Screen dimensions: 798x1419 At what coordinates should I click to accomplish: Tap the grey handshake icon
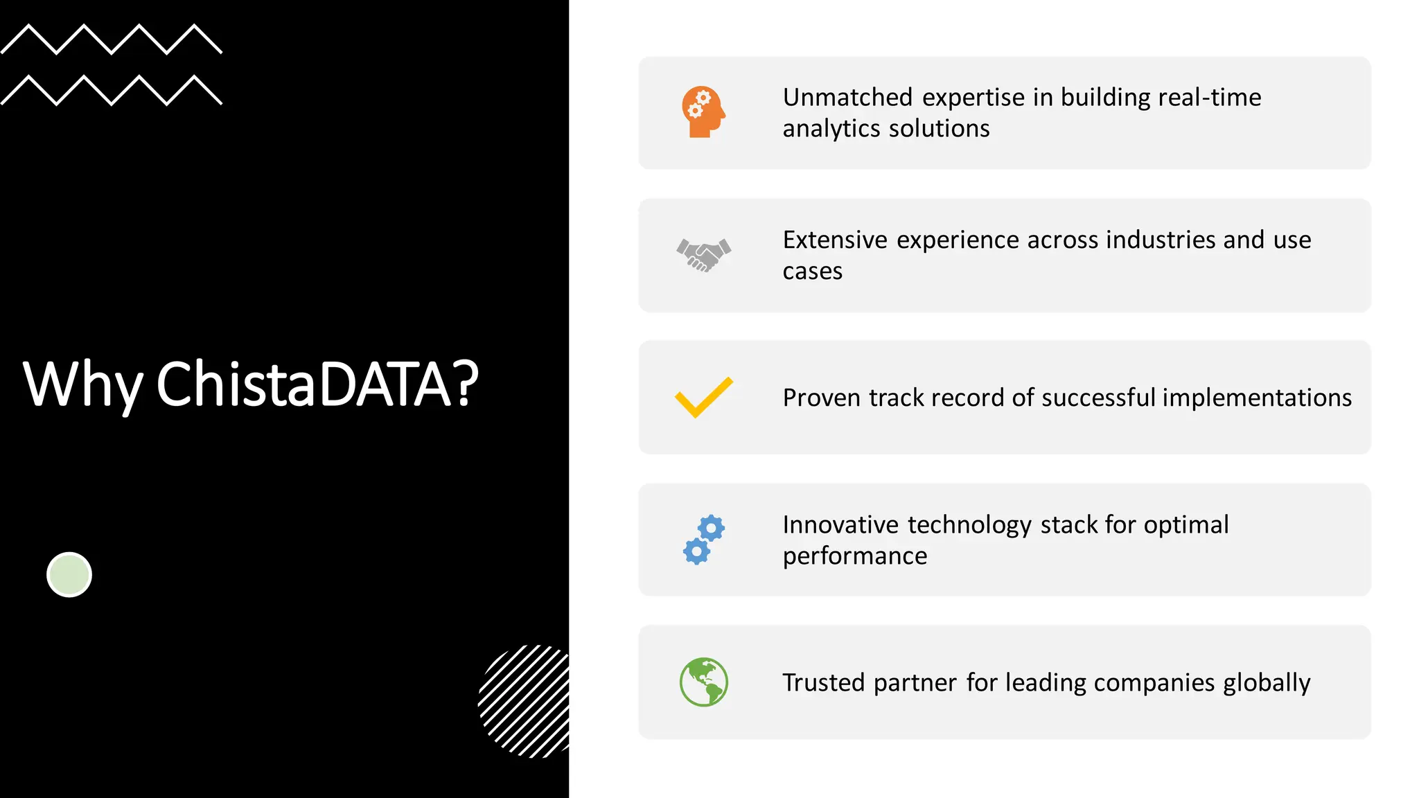click(703, 255)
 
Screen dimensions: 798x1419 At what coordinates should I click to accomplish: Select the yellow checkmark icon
click(703, 397)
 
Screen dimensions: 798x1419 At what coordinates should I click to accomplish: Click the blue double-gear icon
click(703, 540)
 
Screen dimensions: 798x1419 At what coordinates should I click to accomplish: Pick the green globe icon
click(703, 682)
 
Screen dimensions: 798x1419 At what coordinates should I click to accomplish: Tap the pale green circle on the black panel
click(69, 574)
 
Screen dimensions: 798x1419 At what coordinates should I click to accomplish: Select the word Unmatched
click(847, 98)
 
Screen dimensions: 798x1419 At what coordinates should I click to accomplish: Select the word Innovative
click(840, 525)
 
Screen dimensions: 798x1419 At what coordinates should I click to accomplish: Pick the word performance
click(854, 556)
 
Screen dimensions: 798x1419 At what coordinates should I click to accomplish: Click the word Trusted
click(824, 683)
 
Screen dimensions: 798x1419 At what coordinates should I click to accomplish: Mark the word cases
click(812, 272)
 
